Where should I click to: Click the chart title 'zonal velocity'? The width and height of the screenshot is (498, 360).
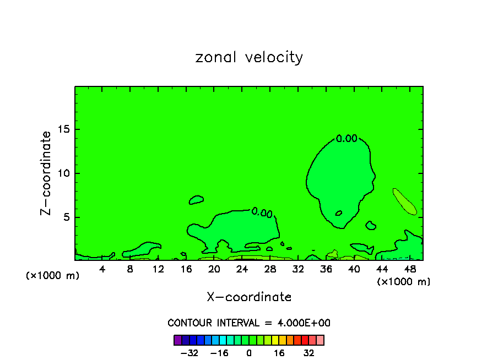(249, 57)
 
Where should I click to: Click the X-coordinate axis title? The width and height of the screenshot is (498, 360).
(249, 297)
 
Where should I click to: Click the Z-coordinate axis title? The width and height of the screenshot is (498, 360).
(47, 173)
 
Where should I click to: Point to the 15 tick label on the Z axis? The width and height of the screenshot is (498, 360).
(63, 129)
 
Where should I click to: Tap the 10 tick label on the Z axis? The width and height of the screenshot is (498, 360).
(63, 173)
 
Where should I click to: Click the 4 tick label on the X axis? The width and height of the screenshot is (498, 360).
(102, 269)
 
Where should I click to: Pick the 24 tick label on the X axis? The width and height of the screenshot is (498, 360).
(242, 269)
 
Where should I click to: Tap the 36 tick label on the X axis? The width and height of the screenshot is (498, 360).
(326, 269)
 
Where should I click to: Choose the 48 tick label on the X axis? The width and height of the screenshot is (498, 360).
(409, 269)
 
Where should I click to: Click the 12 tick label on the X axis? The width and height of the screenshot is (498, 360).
(158, 269)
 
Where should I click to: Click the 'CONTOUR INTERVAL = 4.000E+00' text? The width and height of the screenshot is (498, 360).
(249, 323)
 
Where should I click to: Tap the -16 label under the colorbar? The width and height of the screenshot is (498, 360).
(219, 353)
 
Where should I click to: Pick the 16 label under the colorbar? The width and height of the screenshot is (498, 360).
(279, 353)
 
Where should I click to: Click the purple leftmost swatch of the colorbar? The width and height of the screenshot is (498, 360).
(178, 340)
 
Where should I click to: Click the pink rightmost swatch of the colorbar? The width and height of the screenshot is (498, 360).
(320, 340)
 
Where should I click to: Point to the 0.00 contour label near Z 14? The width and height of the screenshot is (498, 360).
(347, 139)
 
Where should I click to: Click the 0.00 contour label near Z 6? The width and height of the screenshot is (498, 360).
(262, 212)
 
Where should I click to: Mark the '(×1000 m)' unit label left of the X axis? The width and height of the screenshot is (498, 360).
(53, 276)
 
